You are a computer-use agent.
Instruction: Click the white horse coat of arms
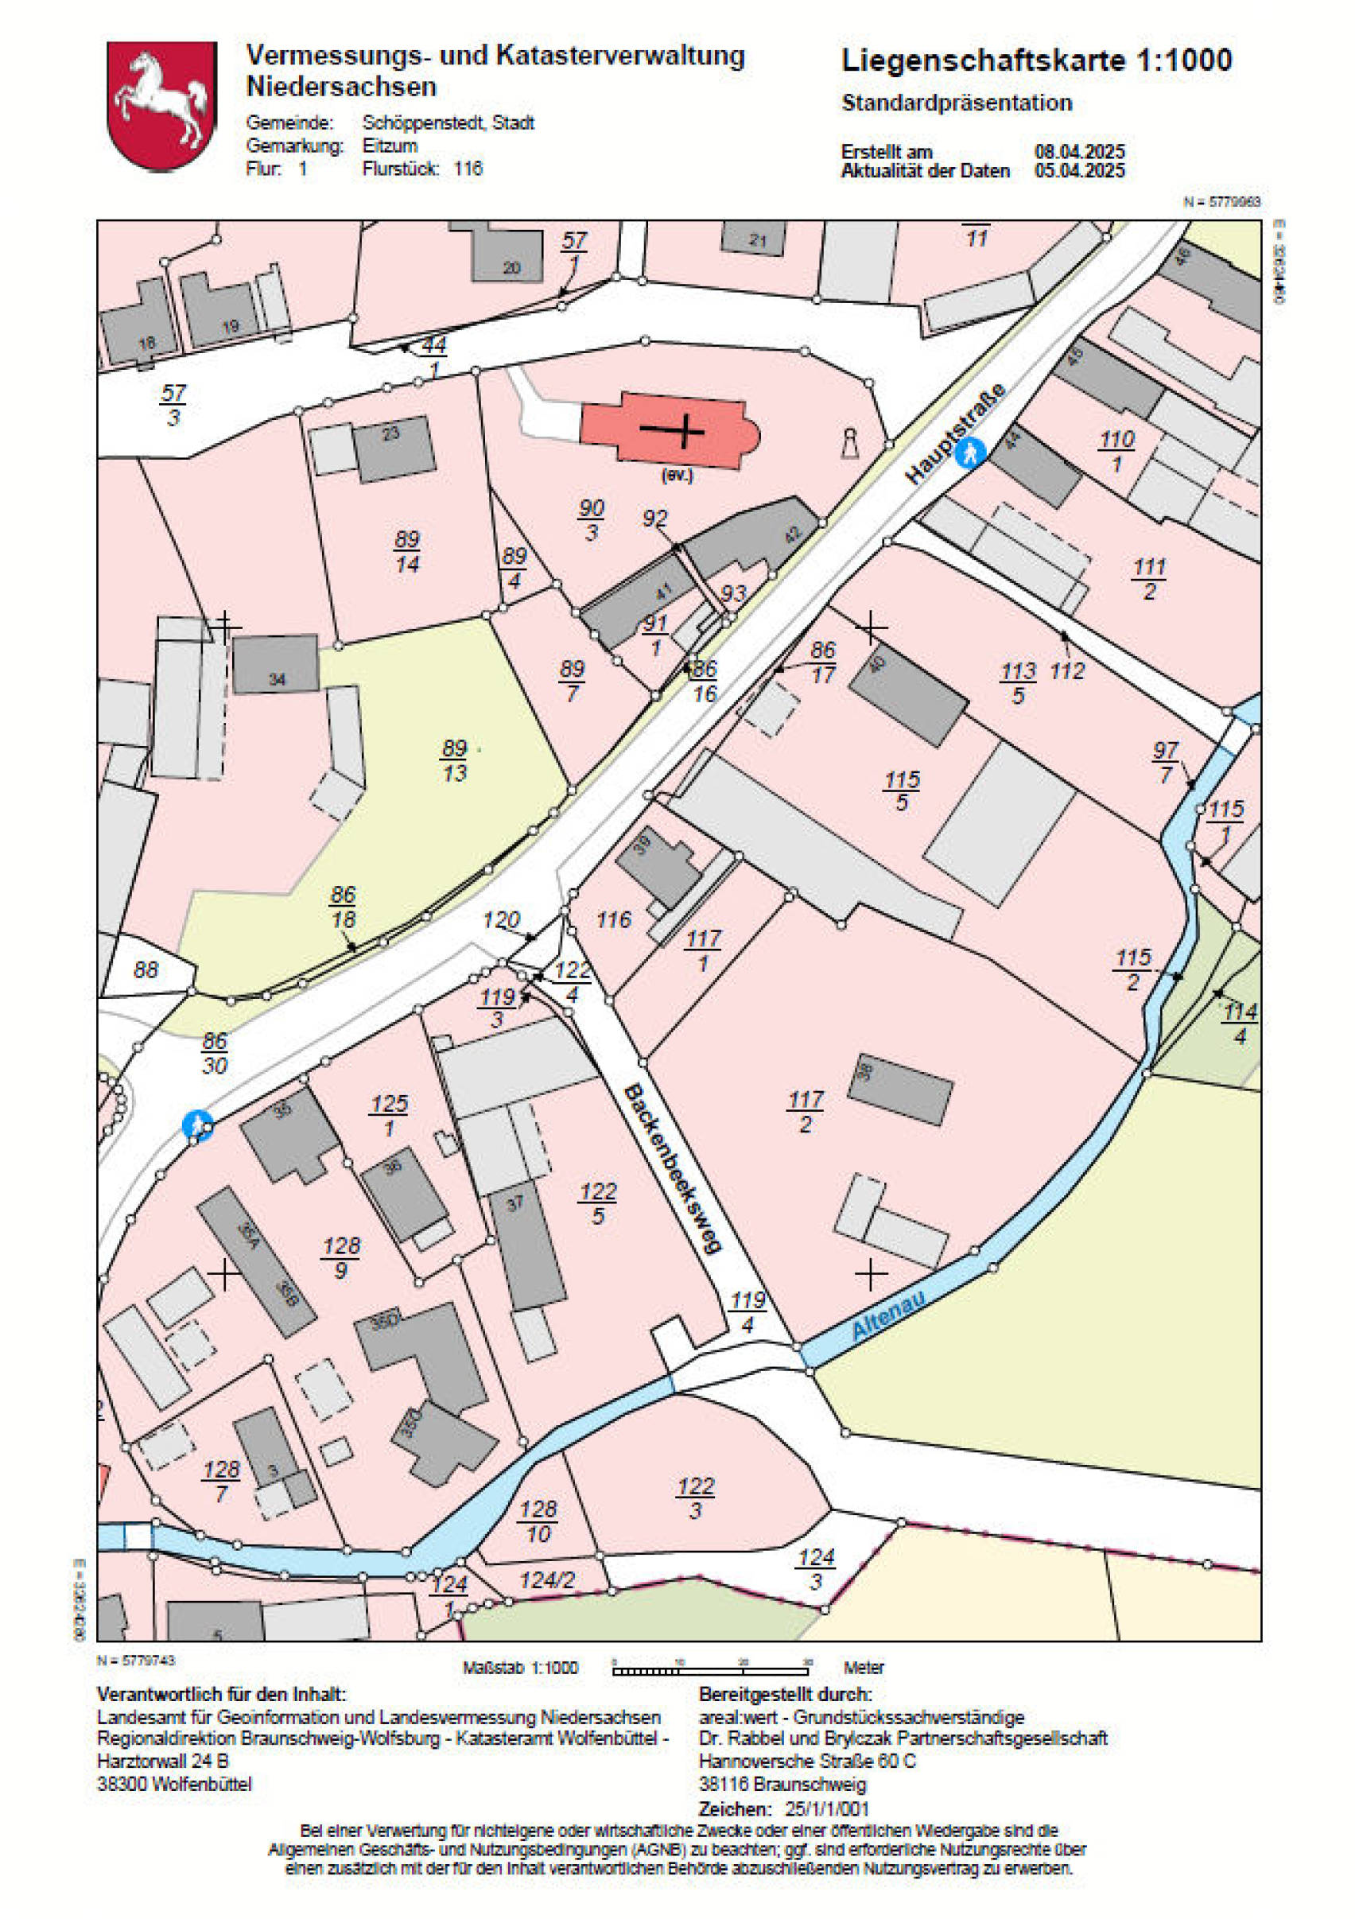161,106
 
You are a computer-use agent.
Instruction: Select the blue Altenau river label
888,1315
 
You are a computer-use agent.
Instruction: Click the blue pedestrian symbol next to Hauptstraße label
970,453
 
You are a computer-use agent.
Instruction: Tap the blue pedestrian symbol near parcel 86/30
197,1125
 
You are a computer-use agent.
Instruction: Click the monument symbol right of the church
850,444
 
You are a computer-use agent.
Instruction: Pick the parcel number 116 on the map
613,921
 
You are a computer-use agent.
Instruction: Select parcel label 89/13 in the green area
454,760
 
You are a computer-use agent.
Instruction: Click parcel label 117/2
805,1111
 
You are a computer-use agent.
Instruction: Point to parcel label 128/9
340,1258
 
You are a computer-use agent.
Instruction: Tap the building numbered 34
275,665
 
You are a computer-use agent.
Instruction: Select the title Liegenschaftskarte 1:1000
1036,60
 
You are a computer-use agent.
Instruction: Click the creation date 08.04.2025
1080,151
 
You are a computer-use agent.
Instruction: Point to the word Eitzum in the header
389,146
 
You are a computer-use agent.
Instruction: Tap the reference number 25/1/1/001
827,1808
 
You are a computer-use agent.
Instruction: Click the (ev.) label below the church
677,476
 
